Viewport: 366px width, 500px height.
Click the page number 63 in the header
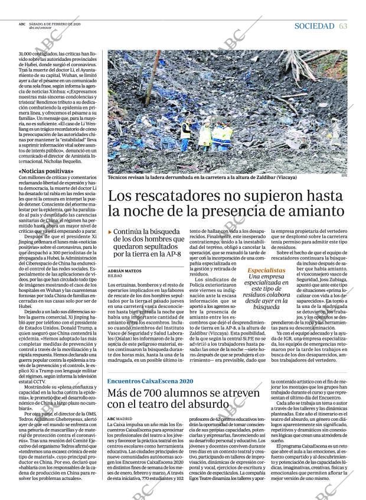(x=343, y=25)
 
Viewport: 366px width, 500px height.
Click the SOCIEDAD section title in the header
(x=314, y=25)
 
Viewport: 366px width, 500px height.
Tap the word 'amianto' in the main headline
(x=318, y=210)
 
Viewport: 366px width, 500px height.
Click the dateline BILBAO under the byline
(x=116, y=275)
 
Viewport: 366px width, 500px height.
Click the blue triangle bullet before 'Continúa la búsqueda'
(x=110, y=232)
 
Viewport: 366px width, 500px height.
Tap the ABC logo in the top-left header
(x=22, y=24)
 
